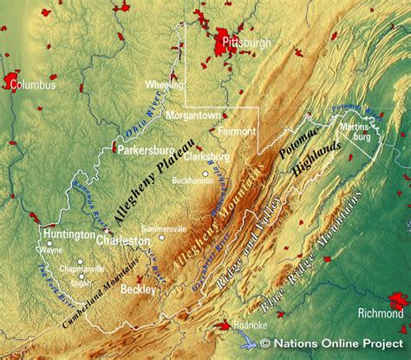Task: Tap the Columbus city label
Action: click(x=32, y=85)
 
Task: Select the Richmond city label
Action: click(x=381, y=312)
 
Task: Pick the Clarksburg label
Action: click(x=206, y=157)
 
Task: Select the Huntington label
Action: click(x=68, y=234)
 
